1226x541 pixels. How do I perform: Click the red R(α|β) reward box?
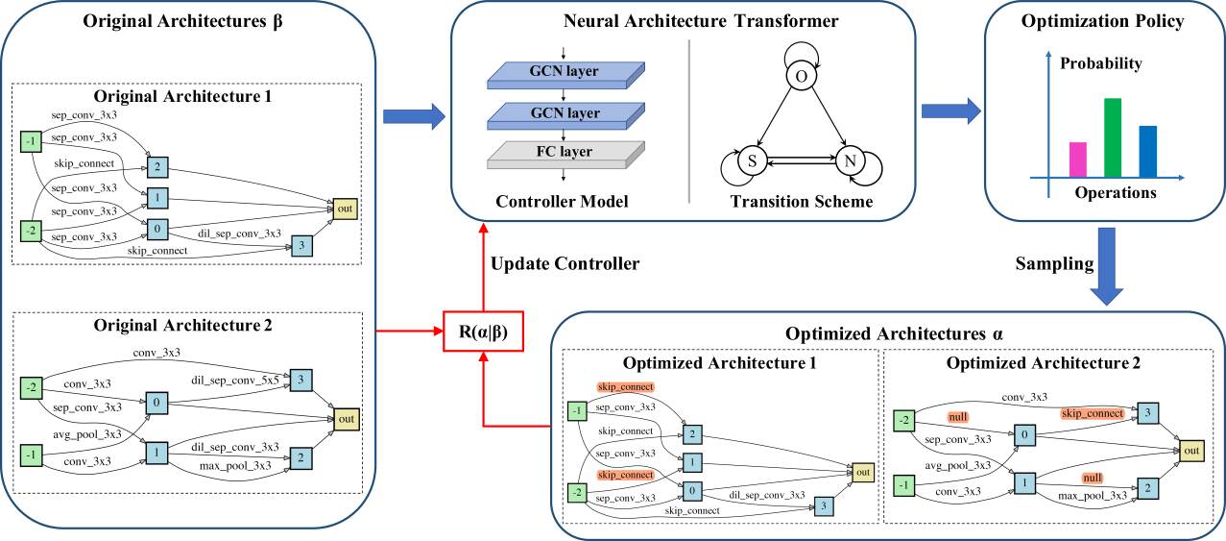pyautogui.click(x=483, y=332)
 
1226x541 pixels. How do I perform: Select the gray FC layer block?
pyautogui.click(x=565, y=155)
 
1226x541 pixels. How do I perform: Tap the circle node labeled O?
pyautogui.click(x=802, y=76)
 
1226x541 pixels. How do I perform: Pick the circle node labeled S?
pyautogui.click(x=752, y=161)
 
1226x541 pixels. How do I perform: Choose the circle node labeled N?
pyautogui.click(x=850, y=161)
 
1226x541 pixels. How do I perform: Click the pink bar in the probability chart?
pyautogui.click(x=1078, y=160)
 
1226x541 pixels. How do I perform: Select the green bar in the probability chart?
pyautogui.click(x=1113, y=137)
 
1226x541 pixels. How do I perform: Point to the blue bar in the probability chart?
pyautogui.click(x=1147, y=152)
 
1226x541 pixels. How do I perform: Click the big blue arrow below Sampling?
pyautogui.click(x=1107, y=267)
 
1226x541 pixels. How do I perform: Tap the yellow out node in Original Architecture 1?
pyautogui.click(x=346, y=209)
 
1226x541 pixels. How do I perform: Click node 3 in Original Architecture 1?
pyautogui.click(x=301, y=245)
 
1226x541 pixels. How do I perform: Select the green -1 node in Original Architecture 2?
pyautogui.click(x=31, y=455)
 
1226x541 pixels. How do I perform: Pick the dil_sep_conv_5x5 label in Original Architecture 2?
pyautogui.click(x=235, y=380)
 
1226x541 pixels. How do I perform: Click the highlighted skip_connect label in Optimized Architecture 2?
pyautogui.click(x=1093, y=413)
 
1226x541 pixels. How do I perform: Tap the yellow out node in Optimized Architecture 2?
pyautogui.click(x=1191, y=451)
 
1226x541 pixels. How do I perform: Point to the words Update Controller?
pyautogui.click(x=565, y=264)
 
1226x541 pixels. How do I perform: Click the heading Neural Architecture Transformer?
pyautogui.click(x=701, y=21)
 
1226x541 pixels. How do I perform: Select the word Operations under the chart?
pyautogui.click(x=1116, y=193)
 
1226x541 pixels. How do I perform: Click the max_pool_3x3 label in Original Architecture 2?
pyautogui.click(x=235, y=465)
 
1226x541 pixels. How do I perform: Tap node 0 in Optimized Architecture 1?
pyautogui.click(x=692, y=491)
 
